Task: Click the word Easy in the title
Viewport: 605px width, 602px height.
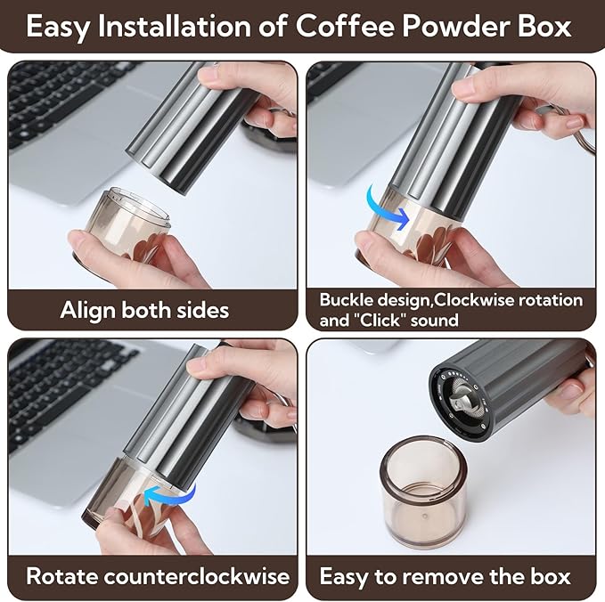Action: (61, 26)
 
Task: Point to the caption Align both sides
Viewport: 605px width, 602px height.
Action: (144, 310)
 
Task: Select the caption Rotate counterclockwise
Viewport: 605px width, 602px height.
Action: (158, 575)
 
